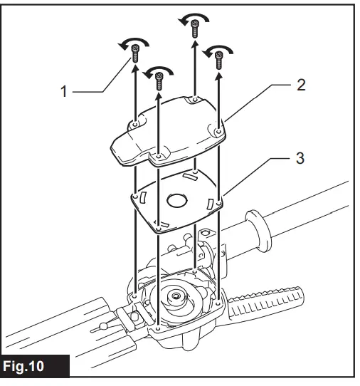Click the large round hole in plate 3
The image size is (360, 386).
tap(176, 200)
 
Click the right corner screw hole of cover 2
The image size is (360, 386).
tap(216, 130)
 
